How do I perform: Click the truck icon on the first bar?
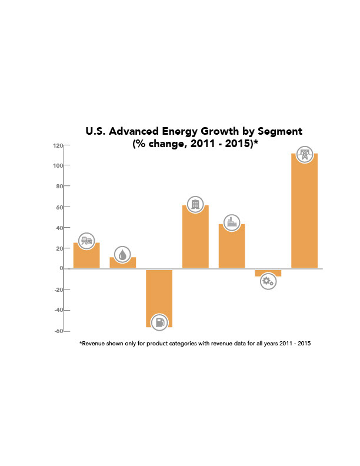(86, 240)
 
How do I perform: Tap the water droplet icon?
(122, 254)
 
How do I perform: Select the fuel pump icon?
(159, 322)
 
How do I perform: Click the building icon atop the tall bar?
(195, 204)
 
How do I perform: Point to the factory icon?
(232, 222)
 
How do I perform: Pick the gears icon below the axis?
(268, 281)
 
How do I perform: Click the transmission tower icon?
(304, 155)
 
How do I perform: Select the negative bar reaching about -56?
(159, 294)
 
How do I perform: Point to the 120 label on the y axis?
(57, 145)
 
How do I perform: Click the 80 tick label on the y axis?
(59, 187)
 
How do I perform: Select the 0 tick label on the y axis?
(61, 268)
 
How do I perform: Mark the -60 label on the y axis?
(58, 331)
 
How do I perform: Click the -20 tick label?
(58, 289)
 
